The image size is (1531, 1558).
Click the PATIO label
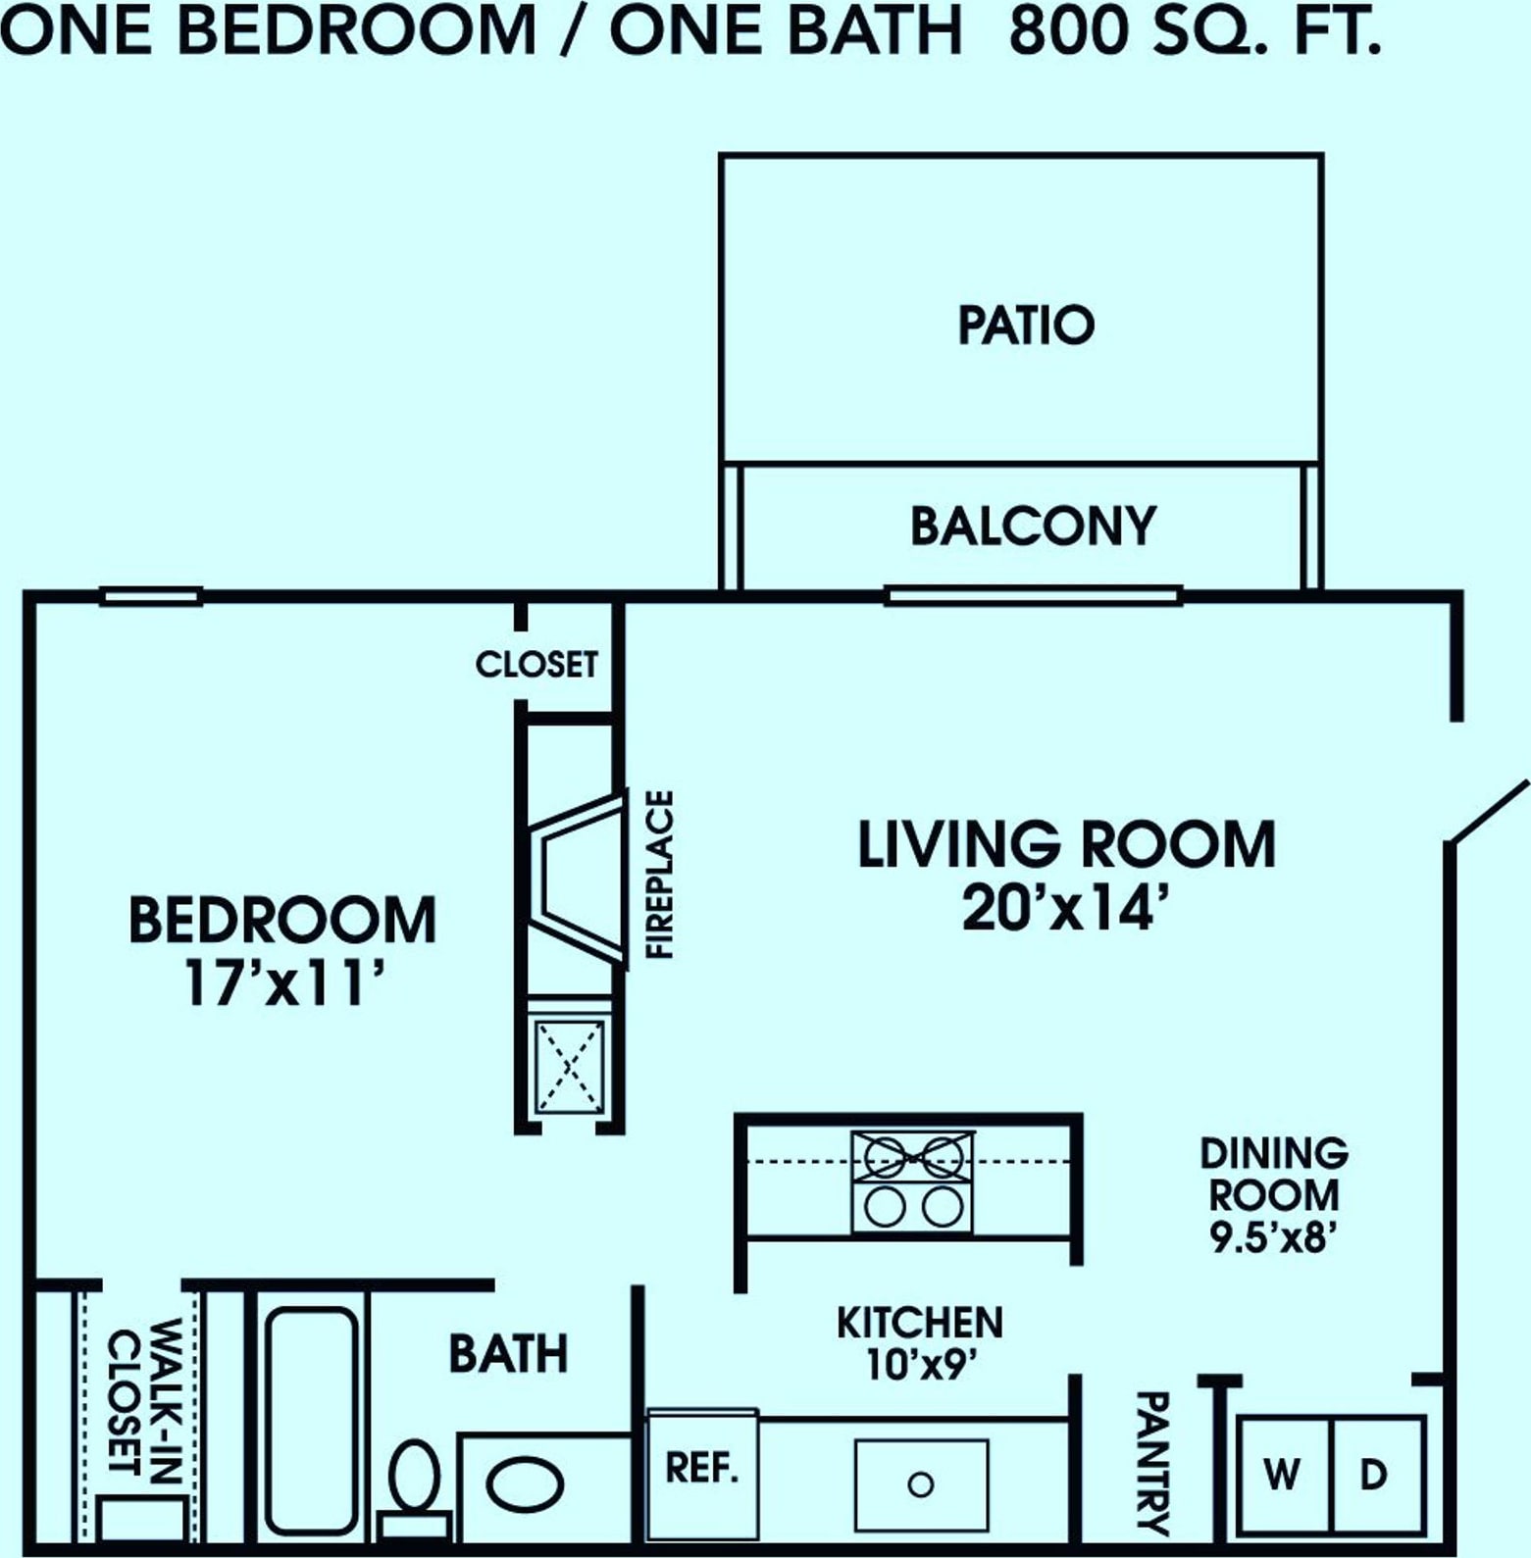tap(1026, 326)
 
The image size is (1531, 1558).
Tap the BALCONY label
tap(1034, 527)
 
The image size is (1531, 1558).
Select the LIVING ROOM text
tap(1067, 845)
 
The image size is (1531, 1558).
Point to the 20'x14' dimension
tap(1068, 909)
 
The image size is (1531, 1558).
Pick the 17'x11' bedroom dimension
tap(282, 983)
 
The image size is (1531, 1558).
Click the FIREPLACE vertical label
tap(660, 875)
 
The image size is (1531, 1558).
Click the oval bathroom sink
tap(525, 1485)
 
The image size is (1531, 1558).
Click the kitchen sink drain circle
tap(920, 1484)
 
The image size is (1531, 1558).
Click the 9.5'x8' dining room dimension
tap(1274, 1237)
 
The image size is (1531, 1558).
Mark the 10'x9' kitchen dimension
tap(919, 1364)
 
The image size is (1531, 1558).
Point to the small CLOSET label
tap(536, 665)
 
